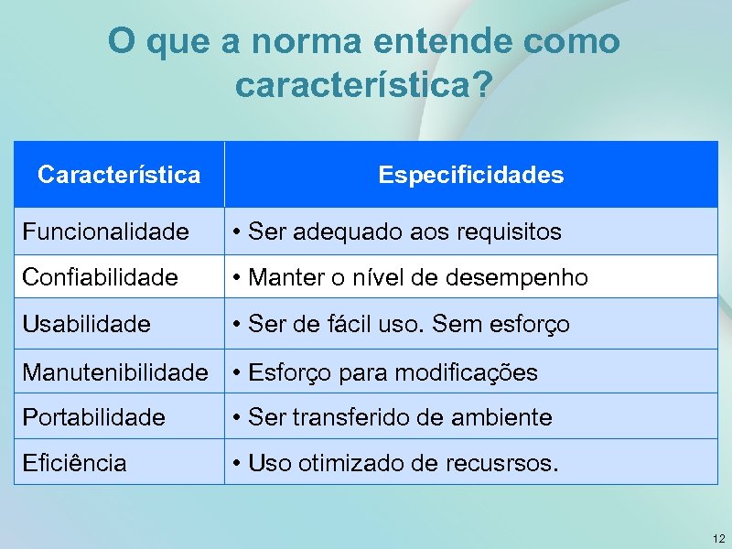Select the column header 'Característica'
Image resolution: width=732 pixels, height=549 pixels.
coord(119,175)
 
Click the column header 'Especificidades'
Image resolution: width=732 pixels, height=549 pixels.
coord(471,175)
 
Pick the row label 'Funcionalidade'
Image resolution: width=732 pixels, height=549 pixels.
coord(105,232)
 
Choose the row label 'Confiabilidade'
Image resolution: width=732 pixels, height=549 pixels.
coord(100,277)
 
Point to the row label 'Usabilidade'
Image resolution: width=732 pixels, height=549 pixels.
coord(86,324)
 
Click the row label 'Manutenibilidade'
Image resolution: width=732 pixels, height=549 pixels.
coord(115,372)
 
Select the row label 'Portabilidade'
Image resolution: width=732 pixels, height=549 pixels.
coord(93,418)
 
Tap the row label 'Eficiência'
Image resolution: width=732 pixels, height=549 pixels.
coord(74,463)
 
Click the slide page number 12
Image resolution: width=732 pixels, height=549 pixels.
coord(718,539)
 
